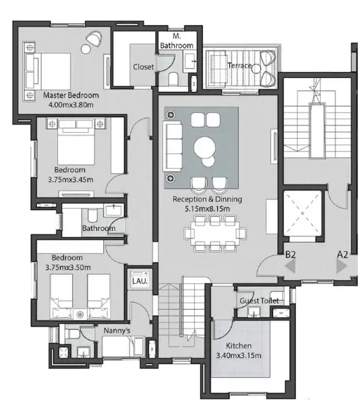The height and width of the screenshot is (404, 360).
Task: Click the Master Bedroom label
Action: click(x=71, y=96)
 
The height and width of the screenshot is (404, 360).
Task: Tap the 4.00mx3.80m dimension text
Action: click(x=71, y=105)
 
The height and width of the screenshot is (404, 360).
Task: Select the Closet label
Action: click(x=144, y=67)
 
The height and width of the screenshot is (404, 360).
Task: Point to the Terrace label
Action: click(x=239, y=65)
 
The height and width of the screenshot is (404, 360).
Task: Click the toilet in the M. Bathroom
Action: click(x=173, y=78)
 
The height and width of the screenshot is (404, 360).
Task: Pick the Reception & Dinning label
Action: click(x=208, y=199)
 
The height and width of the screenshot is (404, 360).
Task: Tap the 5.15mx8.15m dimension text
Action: click(x=208, y=209)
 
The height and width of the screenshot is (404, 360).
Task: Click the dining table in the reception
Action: click(x=215, y=234)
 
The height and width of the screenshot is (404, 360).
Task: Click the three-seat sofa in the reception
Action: click(x=173, y=147)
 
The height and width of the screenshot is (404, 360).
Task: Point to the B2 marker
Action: click(x=291, y=255)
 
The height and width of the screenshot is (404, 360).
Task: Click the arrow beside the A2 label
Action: click(x=342, y=266)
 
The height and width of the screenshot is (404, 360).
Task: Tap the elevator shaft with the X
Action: click(x=303, y=213)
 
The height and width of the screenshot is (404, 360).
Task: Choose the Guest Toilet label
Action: click(x=259, y=301)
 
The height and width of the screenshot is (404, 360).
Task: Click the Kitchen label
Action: click(x=239, y=346)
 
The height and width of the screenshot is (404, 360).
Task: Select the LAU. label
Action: click(x=140, y=281)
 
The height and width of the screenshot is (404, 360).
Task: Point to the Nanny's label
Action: click(x=117, y=331)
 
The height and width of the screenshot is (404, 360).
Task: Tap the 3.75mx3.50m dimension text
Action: click(x=68, y=267)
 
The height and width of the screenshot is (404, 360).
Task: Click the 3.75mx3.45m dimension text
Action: click(x=71, y=180)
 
